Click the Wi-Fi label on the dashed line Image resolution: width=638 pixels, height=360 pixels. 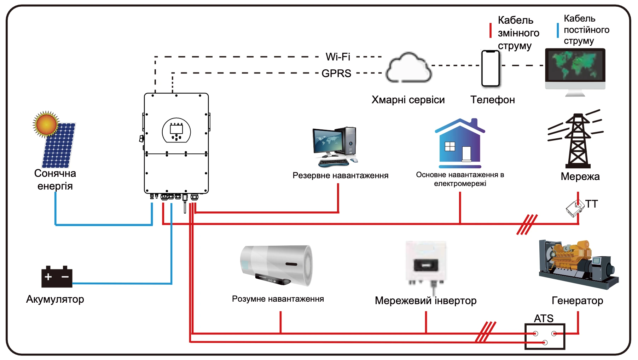tap(338, 57)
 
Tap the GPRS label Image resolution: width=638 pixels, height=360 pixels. tap(336, 73)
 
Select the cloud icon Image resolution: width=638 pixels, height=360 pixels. tap(409, 68)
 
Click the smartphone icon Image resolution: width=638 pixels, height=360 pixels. tap(491, 68)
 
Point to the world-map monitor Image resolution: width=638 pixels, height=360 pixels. tap(575, 69)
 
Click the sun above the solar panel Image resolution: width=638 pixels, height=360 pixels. tap(46, 124)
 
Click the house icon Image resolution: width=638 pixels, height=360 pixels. tap(460, 143)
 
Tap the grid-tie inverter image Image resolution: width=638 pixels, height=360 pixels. tap(426, 263)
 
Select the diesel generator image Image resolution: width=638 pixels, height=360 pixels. tap(578, 263)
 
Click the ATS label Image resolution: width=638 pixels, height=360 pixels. tap(544, 318)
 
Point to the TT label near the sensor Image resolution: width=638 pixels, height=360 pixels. tap(591, 204)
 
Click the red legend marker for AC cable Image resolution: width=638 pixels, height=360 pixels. tap(491, 30)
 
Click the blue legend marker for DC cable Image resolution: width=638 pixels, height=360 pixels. tap(558, 30)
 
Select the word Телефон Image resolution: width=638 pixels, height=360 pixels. tap(492, 100)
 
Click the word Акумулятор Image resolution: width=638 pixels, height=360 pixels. tap(55, 299)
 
